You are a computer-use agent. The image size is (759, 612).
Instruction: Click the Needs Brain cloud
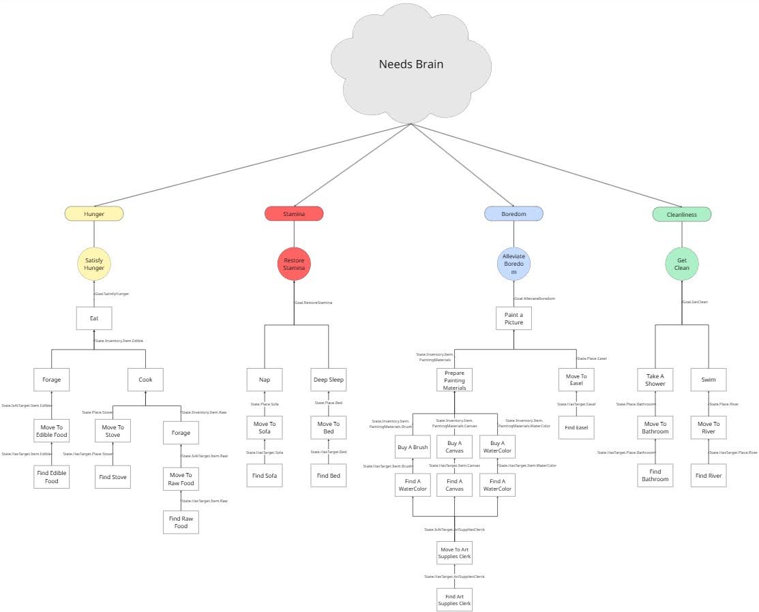pos(411,65)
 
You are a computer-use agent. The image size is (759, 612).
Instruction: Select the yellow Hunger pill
pos(94,214)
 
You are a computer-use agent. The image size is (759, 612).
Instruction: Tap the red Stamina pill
pos(294,214)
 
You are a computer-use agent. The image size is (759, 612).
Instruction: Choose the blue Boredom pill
pos(514,214)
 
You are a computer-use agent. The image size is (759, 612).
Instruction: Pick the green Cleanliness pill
pos(681,215)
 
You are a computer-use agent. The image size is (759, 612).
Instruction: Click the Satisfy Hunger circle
pos(94,264)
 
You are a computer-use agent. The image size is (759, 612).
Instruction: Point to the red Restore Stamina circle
pos(294,264)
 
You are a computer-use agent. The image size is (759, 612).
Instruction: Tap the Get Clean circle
pos(681,264)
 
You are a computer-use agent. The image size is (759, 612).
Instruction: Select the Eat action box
pos(93,318)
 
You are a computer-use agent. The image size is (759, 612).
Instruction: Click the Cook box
pos(145,380)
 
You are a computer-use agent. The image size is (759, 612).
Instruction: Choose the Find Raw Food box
pos(181,523)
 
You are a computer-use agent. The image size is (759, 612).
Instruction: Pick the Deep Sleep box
pos(329,380)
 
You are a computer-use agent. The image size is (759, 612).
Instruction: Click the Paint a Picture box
pos(514,318)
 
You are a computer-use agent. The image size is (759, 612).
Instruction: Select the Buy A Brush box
pos(413,447)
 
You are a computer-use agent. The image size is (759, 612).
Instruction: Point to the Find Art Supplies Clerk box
pos(454,599)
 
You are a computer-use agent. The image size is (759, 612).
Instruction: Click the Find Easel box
pos(576,428)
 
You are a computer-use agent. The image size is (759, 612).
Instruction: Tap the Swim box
pos(708,380)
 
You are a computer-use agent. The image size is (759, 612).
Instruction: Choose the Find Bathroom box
pos(655,476)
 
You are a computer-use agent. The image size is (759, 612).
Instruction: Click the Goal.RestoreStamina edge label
pos(314,302)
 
